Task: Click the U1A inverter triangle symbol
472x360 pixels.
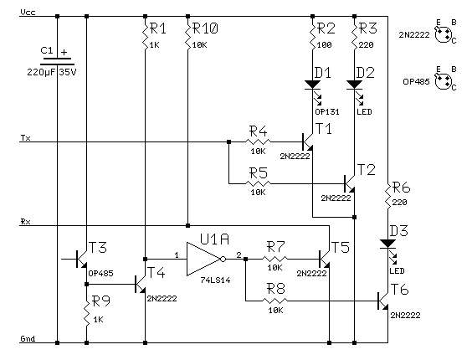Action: tap(206, 259)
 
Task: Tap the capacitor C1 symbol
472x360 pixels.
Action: tap(57, 61)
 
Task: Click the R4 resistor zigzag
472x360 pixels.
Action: tap(259, 141)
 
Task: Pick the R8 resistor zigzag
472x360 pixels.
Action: tap(274, 301)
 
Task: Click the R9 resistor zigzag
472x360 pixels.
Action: tap(87, 313)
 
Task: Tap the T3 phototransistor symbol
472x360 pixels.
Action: tap(81, 259)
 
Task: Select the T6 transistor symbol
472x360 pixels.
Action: tap(383, 301)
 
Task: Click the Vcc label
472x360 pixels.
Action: tap(28, 13)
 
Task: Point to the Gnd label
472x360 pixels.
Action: tap(28, 338)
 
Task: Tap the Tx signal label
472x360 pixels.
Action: tap(26, 138)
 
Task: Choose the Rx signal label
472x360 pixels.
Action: tap(26, 222)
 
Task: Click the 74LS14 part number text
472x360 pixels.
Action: tap(216, 280)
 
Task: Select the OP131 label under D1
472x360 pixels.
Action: tap(327, 111)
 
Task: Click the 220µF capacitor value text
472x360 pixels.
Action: tap(41, 72)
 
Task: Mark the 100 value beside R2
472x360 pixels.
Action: tap(325, 45)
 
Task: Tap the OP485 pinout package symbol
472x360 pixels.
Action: tap(444, 81)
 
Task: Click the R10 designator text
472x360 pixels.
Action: tap(205, 28)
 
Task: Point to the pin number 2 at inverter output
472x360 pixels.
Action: tap(239, 255)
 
